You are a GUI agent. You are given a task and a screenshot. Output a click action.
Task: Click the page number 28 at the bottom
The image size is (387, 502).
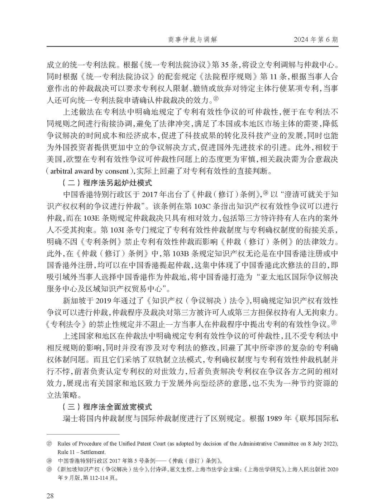[50, 486]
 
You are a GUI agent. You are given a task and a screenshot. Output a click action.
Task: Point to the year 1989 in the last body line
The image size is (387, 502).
[275, 419]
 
